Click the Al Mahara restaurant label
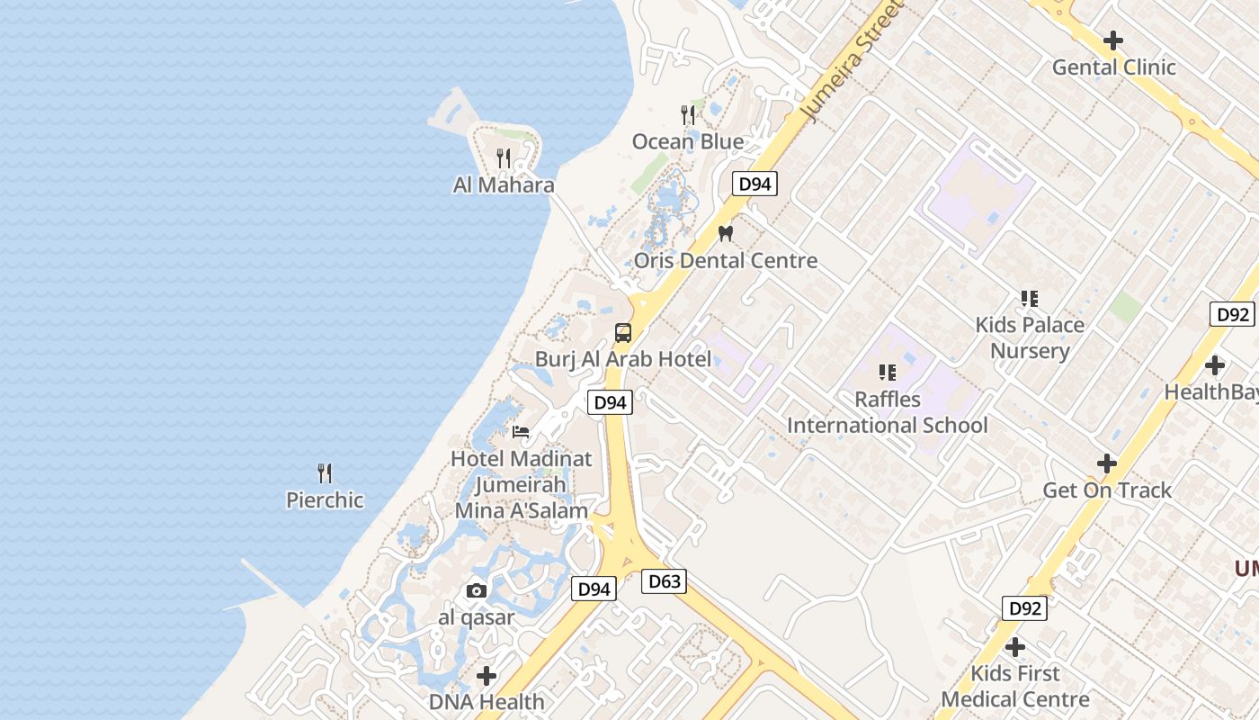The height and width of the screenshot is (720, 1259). tap(503, 185)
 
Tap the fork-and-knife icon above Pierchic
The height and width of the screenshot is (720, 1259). tap(325, 473)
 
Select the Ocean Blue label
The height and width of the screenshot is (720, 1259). tap(688, 142)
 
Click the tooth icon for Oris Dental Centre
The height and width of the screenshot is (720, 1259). tap(726, 233)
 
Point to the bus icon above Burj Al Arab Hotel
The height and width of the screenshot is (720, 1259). tap(623, 333)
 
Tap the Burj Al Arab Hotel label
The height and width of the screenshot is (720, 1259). tap(622, 359)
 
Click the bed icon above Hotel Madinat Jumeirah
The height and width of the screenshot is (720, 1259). tap(521, 432)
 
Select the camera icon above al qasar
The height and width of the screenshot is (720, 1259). tap(477, 591)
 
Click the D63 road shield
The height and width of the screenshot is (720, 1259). tap(665, 581)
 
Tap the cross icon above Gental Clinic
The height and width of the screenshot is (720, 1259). tap(1113, 40)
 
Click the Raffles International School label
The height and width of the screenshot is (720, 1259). tap(888, 412)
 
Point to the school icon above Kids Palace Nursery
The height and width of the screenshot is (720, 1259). tap(1030, 299)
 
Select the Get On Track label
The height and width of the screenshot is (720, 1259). tap(1107, 490)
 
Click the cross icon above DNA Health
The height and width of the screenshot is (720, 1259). tap(487, 676)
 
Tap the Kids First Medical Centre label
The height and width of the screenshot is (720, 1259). tap(1015, 687)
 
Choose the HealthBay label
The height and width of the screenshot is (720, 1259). tap(1210, 392)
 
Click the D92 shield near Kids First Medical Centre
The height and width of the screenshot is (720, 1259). tap(1024, 608)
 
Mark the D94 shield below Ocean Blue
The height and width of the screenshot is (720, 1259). tap(754, 184)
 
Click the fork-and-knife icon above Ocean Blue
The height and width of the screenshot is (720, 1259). tap(688, 115)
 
